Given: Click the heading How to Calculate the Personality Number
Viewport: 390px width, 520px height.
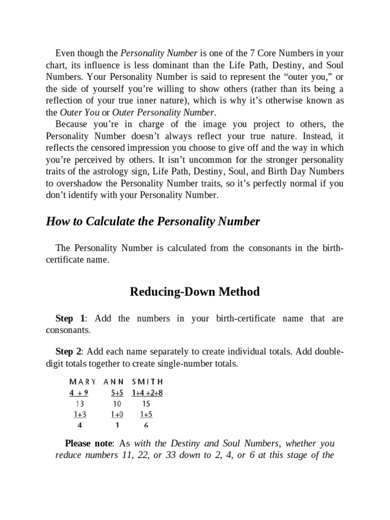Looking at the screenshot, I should click(153, 221).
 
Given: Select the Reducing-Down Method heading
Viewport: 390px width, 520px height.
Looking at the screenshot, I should click(195, 291).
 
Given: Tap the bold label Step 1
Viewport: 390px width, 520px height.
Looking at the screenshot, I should click(70, 318).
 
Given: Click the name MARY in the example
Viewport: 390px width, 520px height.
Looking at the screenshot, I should click(82, 381).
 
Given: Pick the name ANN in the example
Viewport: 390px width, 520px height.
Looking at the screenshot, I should click(114, 381).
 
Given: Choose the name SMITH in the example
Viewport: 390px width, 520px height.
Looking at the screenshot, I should click(147, 381).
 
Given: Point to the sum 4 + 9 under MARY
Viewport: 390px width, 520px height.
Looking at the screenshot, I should click(79, 392).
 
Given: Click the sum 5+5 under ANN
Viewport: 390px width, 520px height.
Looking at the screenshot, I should click(117, 392).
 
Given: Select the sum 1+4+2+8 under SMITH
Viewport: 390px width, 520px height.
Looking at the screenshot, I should click(147, 392).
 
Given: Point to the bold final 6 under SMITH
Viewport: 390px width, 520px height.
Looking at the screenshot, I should click(146, 426).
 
